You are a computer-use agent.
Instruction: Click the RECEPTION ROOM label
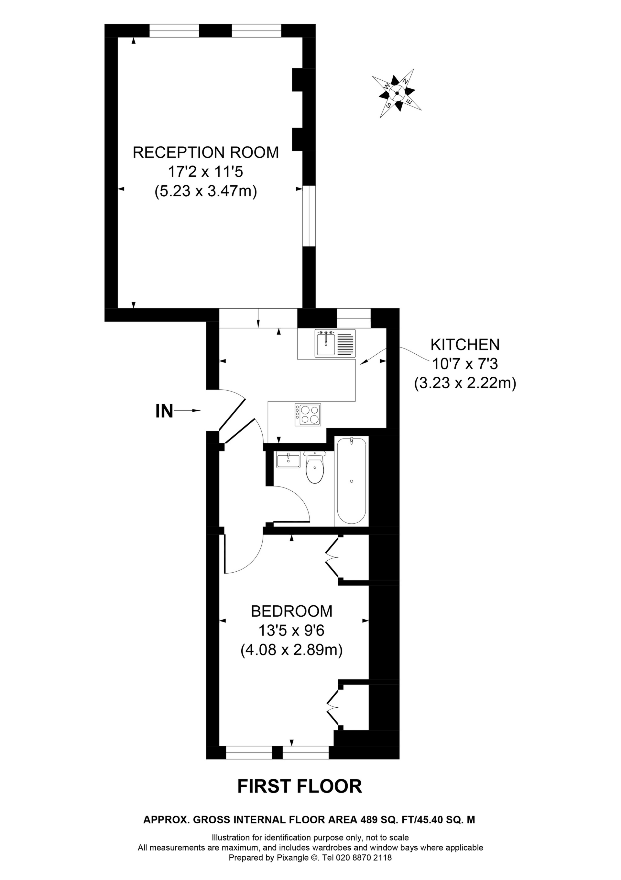[x=206, y=153]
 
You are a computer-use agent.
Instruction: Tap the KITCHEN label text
[x=465, y=345]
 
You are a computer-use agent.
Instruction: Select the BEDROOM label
[x=292, y=611]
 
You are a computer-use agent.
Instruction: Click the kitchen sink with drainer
[x=335, y=343]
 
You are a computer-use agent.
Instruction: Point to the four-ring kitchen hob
[x=308, y=415]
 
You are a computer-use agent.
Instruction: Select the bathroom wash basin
[x=288, y=460]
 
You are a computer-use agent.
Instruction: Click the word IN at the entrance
[x=164, y=411]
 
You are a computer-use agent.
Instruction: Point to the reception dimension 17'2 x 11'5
[x=206, y=172]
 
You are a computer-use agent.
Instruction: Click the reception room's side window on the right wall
[x=309, y=217]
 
